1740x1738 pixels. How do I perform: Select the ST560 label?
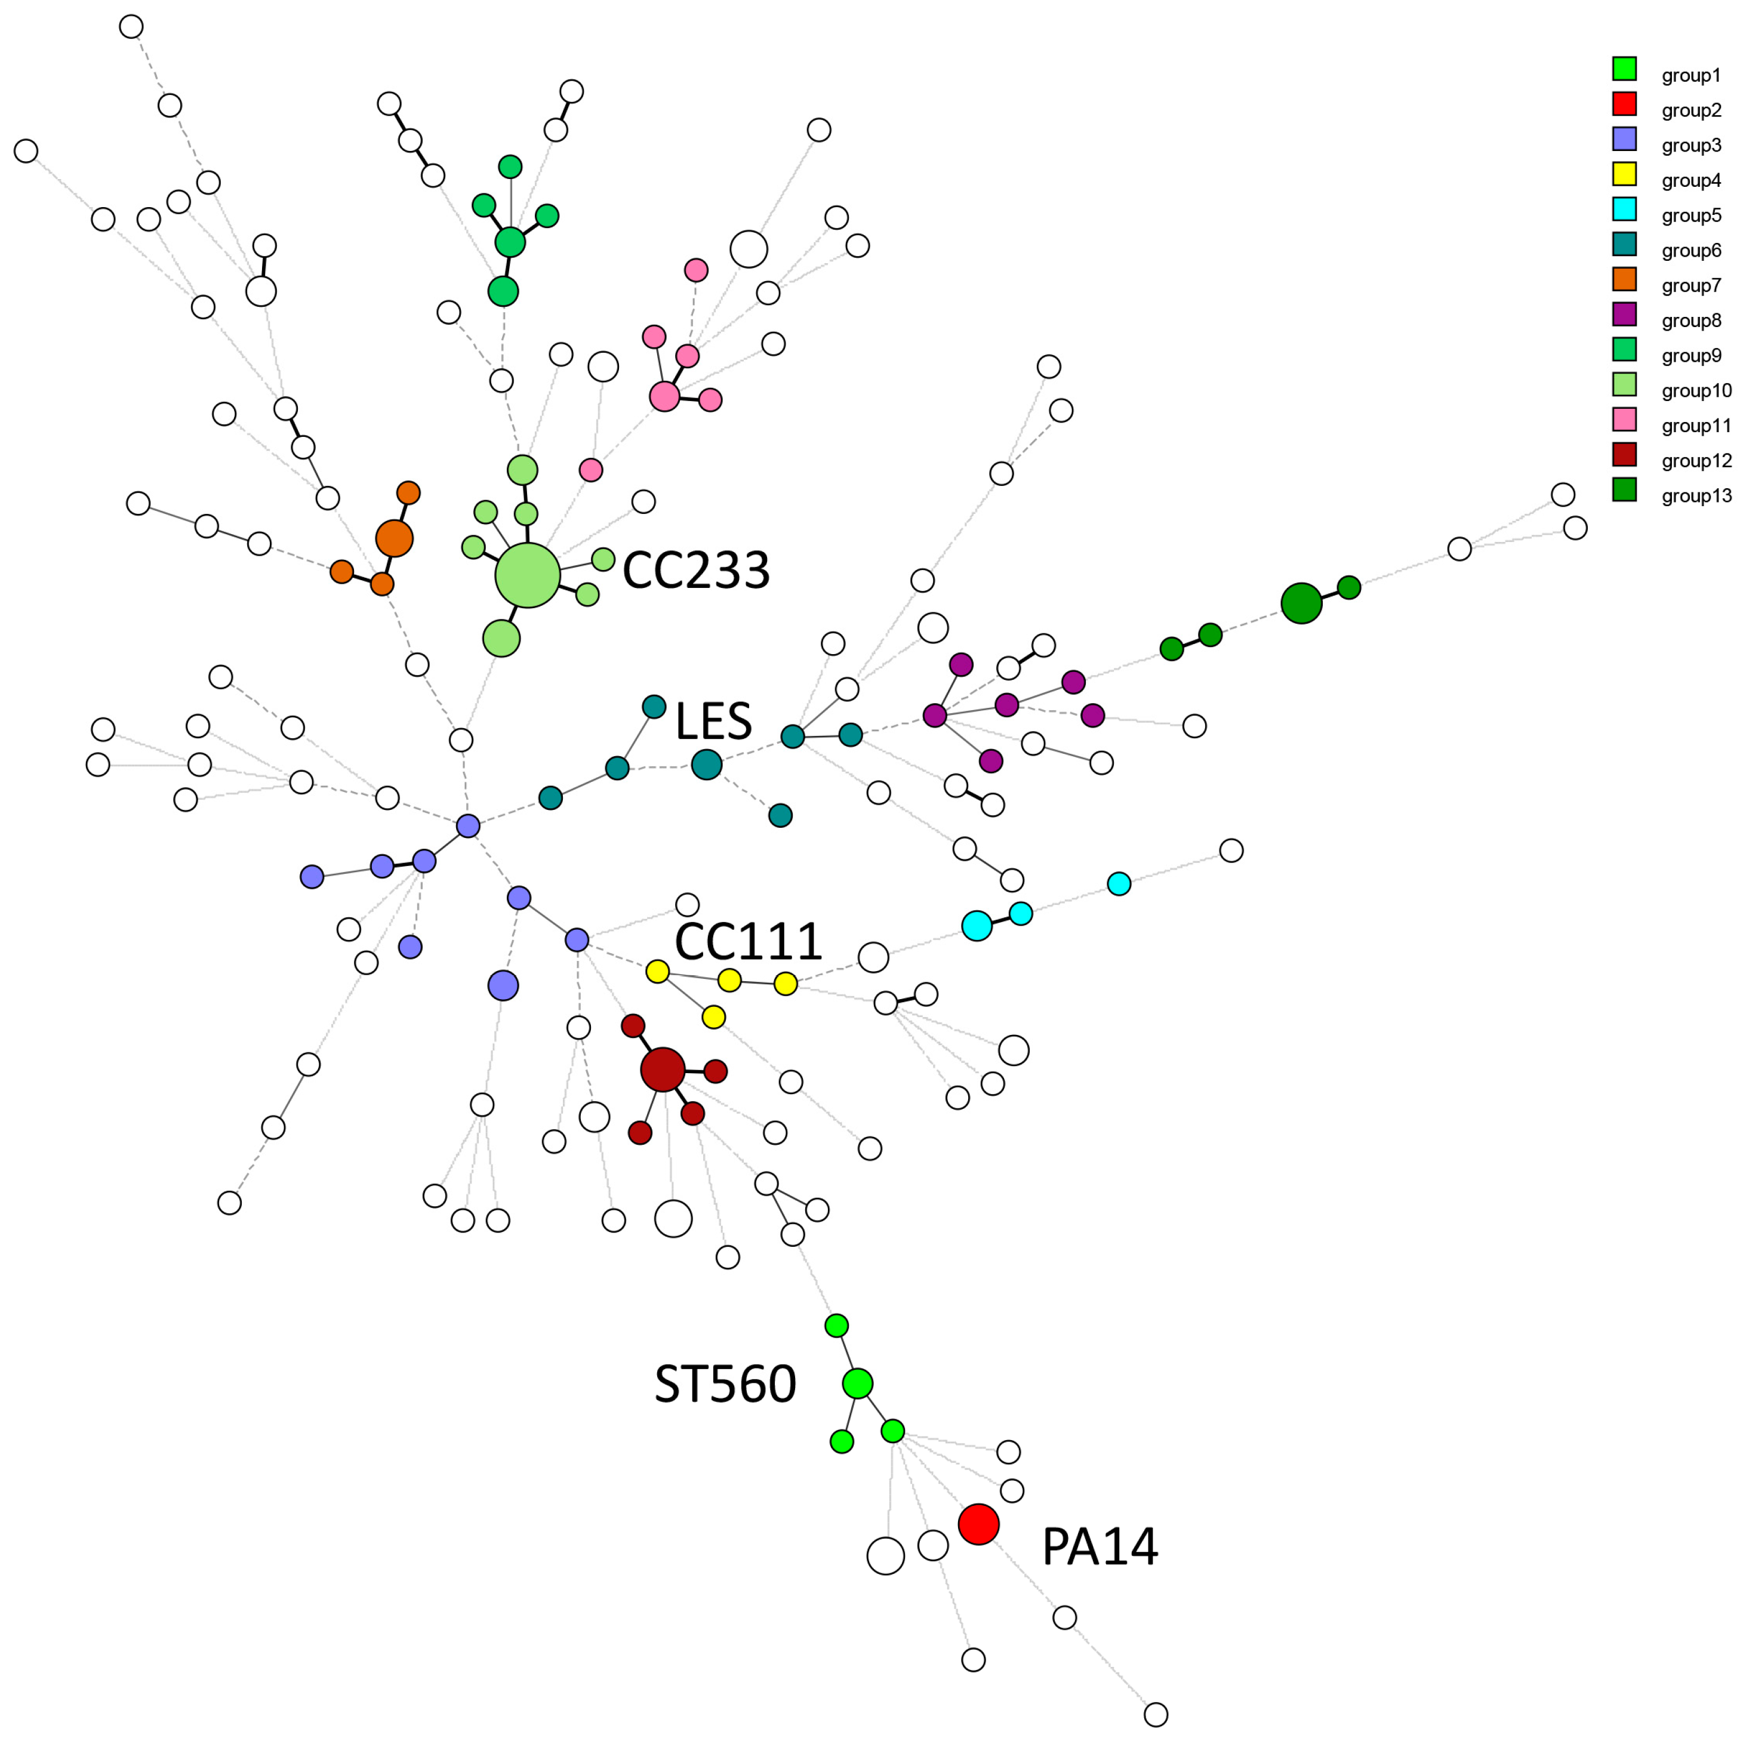[725, 1384]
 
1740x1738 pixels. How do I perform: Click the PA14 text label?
[1099, 1547]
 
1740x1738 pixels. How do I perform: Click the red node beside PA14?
[978, 1524]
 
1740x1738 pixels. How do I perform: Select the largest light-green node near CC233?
[527, 575]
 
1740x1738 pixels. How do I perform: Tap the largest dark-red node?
[663, 1069]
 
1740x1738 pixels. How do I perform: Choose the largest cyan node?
[977, 925]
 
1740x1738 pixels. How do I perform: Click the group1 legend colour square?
[1624, 69]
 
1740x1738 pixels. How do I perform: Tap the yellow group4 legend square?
[1624, 174]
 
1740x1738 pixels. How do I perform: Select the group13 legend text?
[1696, 495]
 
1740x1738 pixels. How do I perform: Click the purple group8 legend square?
[1624, 315]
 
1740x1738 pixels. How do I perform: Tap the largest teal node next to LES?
[706, 765]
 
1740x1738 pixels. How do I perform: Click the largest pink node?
[664, 396]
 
